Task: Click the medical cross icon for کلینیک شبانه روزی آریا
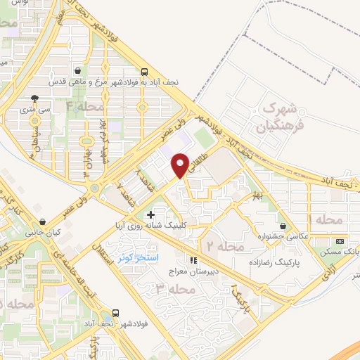click(x=150, y=214)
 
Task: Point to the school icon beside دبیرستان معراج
click(x=193, y=260)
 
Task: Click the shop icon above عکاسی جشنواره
click(x=283, y=226)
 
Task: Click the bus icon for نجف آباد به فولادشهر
click(x=144, y=71)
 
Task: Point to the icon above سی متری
click(x=35, y=98)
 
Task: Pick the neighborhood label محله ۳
click(x=172, y=289)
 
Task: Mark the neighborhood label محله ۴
click(x=85, y=106)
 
